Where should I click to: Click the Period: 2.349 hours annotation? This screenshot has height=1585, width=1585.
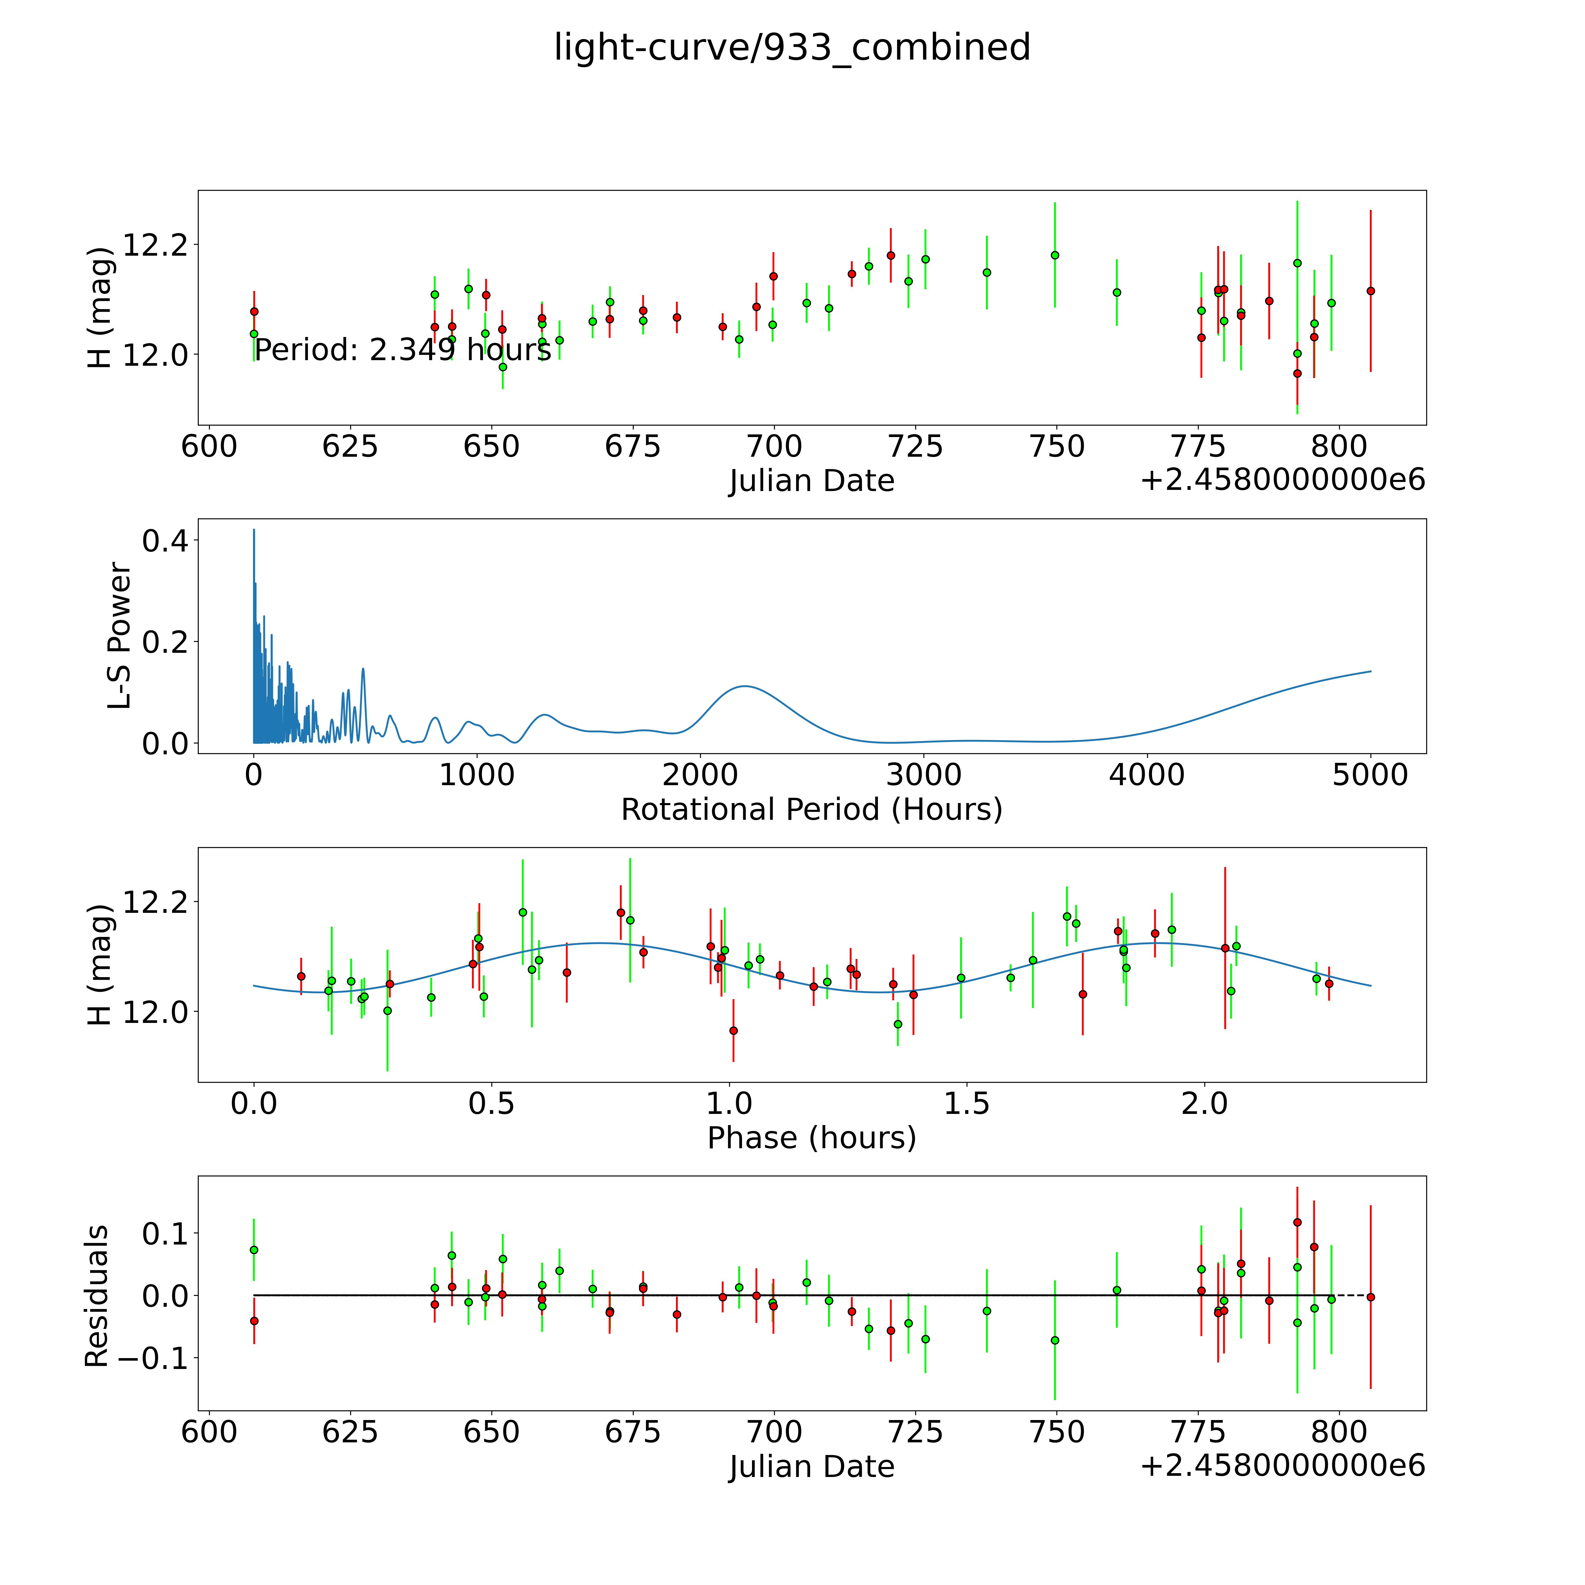tap(402, 350)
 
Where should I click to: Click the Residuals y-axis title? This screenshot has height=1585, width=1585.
tap(97, 1296)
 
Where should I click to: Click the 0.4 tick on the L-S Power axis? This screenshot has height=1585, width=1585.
tap(164, 541)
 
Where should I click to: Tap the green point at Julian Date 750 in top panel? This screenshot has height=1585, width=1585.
tap(1055, 255)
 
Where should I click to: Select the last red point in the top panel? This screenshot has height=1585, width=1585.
tap(1370, 291)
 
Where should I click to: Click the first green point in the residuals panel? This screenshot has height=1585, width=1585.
tap(254, 1250)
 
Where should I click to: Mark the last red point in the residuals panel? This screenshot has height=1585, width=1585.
tap(1370, 1297)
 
